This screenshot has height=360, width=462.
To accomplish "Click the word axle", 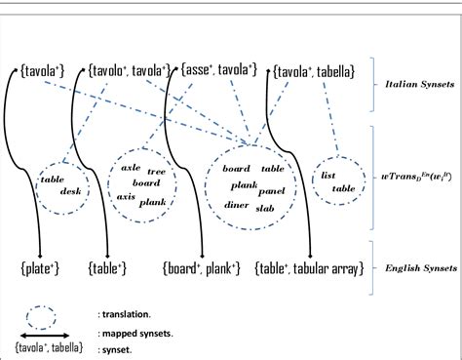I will pyautogui.click(x=130, y=167).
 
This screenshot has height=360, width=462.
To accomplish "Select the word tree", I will pyautogui.click(x=156, y=171).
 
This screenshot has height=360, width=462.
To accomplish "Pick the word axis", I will pyautogui.click(x=126, y=196).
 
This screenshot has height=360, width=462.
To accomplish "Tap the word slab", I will pyautogui.click(x=265, y=208).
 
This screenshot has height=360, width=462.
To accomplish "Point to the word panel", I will pyautogui.click(x=273, y=191).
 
